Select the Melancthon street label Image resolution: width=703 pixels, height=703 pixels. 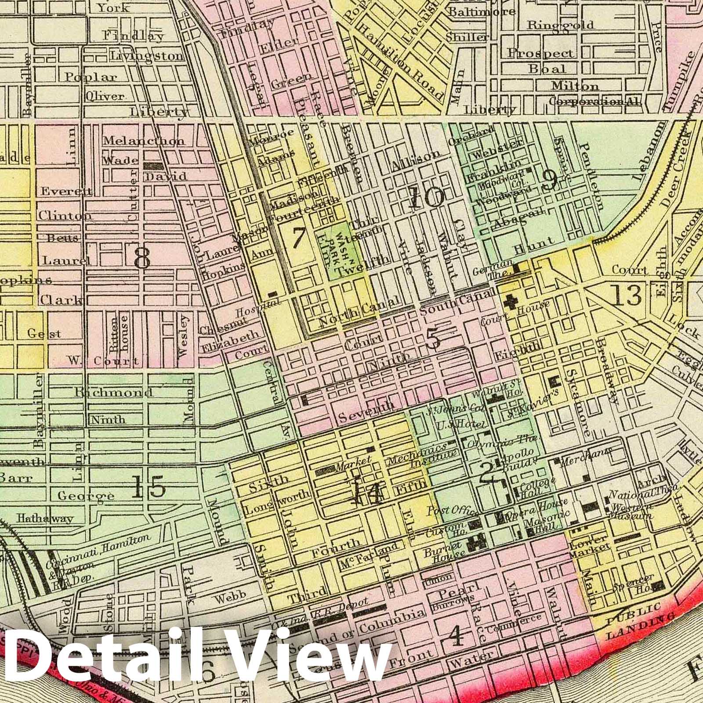pyautogui.click(x=144, y=141)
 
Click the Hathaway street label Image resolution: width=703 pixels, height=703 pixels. pyautogui.click(x=45, y=518)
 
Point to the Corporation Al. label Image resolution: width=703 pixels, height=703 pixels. pyautogui.click(x=594, y=101)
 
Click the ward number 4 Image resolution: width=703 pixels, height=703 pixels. pyautogui.click(x=457, y=635)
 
